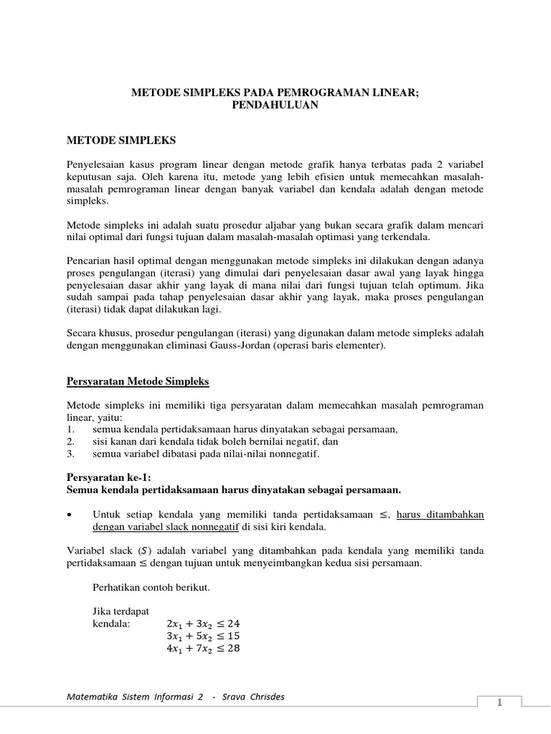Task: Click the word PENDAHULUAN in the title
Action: pyautogui.click(x=275, y=105)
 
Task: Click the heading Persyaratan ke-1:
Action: pyautogui.click(x=109, y=478)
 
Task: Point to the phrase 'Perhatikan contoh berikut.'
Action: pyautogui.click(x=151, y=587)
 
